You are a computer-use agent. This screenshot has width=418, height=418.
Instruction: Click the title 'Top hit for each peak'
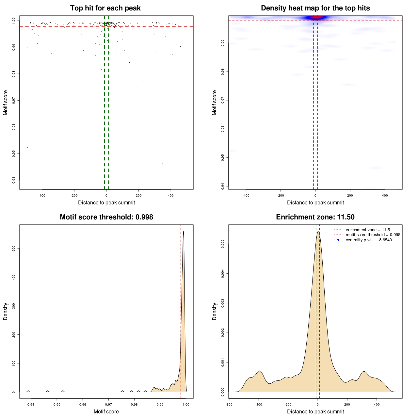point(105,8)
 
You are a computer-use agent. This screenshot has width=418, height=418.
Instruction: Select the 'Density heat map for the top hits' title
point(315,8)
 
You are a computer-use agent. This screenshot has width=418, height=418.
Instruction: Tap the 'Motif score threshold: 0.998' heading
point(106,217)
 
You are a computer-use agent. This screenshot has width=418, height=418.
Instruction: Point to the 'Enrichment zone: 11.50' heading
point(315,217)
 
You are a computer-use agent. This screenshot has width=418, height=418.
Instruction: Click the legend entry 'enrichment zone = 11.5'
point(368,230)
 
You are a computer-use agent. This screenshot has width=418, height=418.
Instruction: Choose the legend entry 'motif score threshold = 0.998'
point(373,235)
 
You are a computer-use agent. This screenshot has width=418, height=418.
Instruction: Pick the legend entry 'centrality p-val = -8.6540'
point(369,240)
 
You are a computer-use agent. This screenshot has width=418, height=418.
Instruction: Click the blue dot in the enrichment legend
point(338,240)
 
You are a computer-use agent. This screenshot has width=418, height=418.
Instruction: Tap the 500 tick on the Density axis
point(14,249)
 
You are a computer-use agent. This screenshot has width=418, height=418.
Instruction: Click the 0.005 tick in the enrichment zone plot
point(223,244)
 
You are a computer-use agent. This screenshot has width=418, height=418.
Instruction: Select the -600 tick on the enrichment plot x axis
point(229,404)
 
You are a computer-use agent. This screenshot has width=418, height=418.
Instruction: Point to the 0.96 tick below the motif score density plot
point(83,404)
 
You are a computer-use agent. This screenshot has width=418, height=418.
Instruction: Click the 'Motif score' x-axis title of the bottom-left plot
point(106,411)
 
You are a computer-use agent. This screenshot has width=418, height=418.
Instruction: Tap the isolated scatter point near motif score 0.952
point(27,147)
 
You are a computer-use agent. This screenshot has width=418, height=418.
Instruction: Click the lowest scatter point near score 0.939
point(158,183)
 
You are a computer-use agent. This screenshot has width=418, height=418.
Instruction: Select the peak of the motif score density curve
point(184,232)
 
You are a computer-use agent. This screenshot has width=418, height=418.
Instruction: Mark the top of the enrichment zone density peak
point(318,231)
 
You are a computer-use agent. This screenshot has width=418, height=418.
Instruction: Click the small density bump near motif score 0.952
point(63,391)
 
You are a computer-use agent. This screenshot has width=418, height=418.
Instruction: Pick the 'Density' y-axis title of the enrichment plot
point(215,311)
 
